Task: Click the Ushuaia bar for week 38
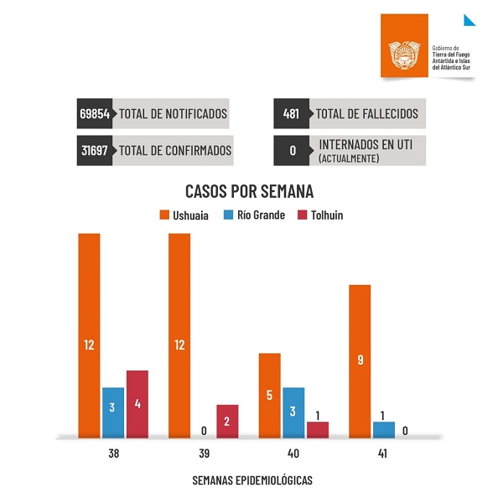click(x=90, y=335)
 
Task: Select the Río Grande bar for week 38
click(x=113, y=412)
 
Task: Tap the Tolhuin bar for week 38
click(x=137, y=403)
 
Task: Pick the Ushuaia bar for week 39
click(x=179, y=335)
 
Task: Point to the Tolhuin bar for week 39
click(x=227, y=421)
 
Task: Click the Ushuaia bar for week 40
click(x=269, y=395)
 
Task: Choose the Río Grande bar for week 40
click(x=293, y=412)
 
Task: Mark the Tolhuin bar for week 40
click(x=318, y=429)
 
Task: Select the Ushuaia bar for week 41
click(x=359, y=360)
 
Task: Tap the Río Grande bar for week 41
click(x=383, y=429)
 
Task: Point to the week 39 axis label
click(x=203, y=453)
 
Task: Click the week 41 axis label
click(x=383, y=453)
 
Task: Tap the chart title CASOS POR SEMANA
click(x=249, y=190)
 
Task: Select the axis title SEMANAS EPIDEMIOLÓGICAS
click(x=253, y=480)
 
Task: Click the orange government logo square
click(x=404, y=49)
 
